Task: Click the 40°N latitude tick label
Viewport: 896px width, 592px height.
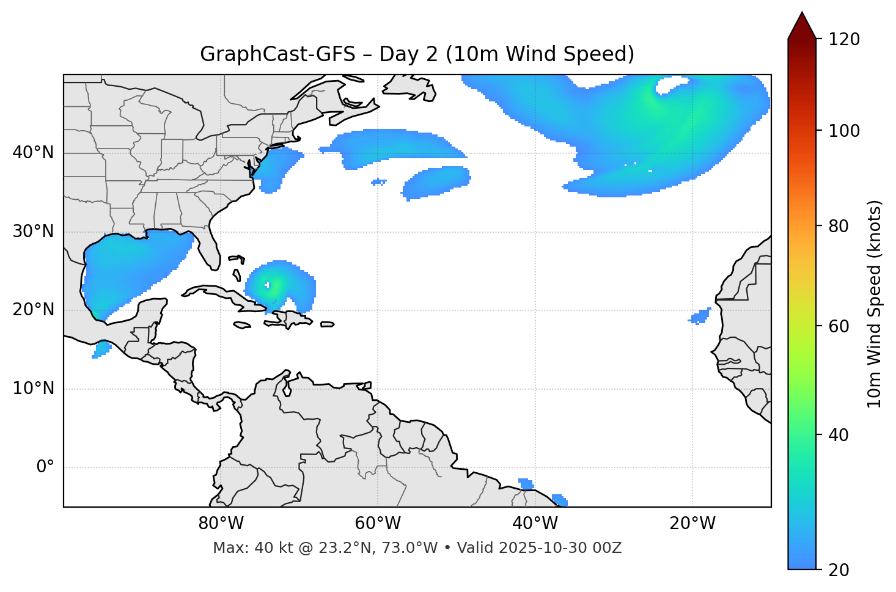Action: point(33,153)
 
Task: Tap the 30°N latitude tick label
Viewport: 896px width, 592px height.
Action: point(33,232)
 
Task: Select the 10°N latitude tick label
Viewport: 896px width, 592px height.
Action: point(33,389)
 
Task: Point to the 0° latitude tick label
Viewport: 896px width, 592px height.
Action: point(45,467)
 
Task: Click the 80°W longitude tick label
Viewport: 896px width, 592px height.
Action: point(221,524)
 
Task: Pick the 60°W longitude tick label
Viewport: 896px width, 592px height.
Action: point(378,524)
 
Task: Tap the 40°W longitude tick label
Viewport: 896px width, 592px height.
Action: point(535,524)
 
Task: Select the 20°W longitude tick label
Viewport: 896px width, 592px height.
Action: point(692,524)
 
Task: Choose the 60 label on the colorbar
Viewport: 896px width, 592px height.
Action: point(839,326)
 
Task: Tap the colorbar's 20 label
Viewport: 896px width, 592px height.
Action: point(839,570)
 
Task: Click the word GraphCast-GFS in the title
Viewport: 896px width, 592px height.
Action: point(277,54)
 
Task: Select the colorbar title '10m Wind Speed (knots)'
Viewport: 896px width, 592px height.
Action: point(875,304)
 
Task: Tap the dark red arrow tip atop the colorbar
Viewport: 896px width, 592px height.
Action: point(802,24)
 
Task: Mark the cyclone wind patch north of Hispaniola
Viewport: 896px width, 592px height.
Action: point(278,286)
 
